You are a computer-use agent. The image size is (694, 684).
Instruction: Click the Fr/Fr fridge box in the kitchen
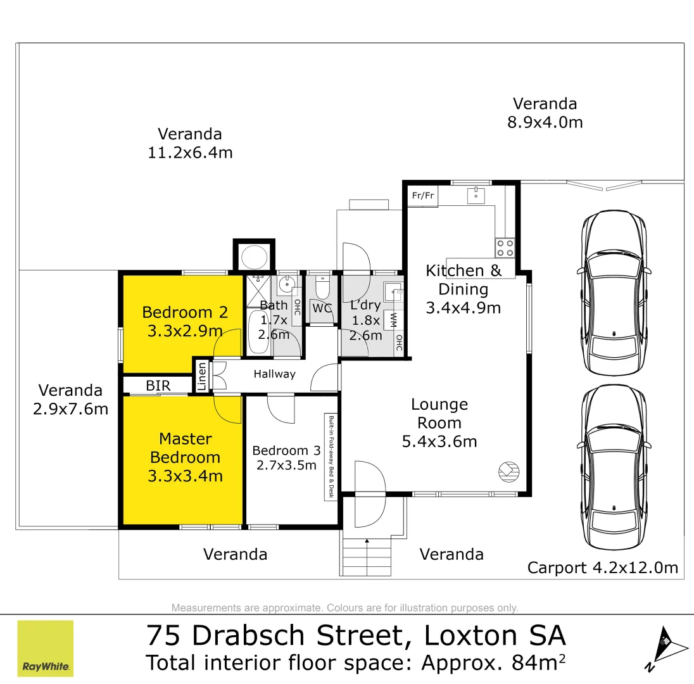coord(422,195)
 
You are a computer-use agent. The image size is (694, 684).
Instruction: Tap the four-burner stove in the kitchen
coord(505,247)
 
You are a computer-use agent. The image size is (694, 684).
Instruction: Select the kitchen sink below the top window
coord(476,195)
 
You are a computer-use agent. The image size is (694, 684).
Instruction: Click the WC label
coord(322,309)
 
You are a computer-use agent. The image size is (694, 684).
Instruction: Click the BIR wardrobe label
coord(158,385)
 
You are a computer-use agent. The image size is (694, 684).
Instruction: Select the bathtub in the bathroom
coord(258,332)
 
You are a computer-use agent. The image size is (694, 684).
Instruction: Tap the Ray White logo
coord(46,649)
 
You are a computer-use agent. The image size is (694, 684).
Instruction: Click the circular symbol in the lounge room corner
coord(508,471)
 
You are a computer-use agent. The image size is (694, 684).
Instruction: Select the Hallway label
coord(274,374)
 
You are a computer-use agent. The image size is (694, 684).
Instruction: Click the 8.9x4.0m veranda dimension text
coord(545,122)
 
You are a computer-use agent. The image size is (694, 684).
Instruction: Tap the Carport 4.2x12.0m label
coord(602,568)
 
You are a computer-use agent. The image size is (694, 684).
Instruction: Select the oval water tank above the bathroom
coord(254,257)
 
